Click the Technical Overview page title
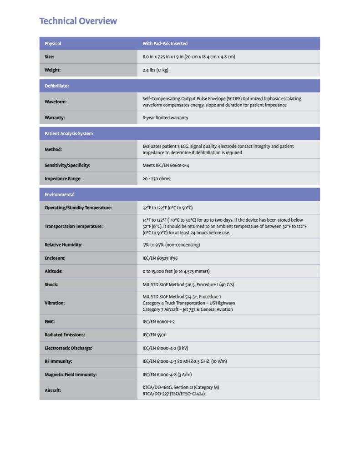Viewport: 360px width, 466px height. [x=78, y=21]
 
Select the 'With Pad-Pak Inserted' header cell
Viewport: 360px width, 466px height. [x=165, y=44]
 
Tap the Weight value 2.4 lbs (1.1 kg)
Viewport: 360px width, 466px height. [x=156, y=70]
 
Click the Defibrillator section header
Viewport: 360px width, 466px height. [x=57, y=86]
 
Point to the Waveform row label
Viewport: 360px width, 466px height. [x=56, y=102]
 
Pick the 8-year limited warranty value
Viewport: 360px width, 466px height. [x=165, y=117]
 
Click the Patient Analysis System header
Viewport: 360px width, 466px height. [x=69, y=133]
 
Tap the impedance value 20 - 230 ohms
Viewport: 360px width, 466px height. [x=156, y=178]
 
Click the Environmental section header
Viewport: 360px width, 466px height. [x=60, y=194]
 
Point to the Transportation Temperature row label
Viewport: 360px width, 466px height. [x=73, y=226]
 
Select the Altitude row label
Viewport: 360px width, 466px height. [x=54, y=271]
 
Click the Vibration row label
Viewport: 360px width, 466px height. [x=55, y=303]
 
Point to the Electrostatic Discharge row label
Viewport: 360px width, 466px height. [x=68, y=348]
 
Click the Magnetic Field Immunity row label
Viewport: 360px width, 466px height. [x=71, y=375]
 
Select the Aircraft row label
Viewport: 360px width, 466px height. [x=53, y=390]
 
